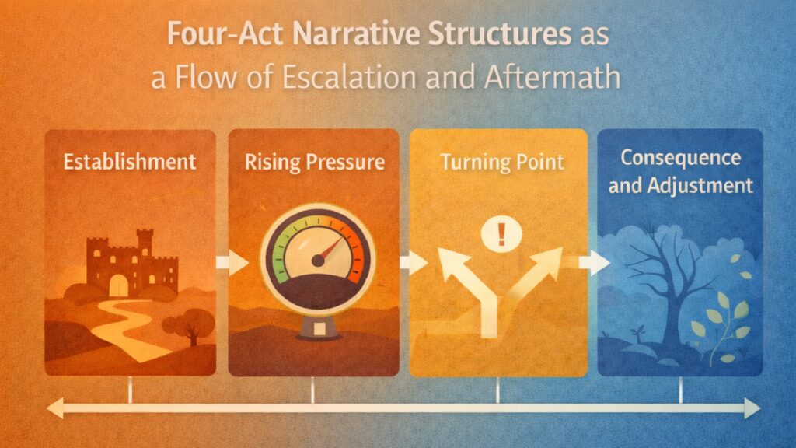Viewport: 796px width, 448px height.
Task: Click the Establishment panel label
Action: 130,163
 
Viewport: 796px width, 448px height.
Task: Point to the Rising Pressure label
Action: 313,163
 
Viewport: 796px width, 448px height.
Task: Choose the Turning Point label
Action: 497,163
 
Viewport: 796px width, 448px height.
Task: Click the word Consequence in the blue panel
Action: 680,158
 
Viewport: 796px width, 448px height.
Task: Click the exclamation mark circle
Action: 495,233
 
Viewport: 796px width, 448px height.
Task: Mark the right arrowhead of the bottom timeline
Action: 751,408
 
